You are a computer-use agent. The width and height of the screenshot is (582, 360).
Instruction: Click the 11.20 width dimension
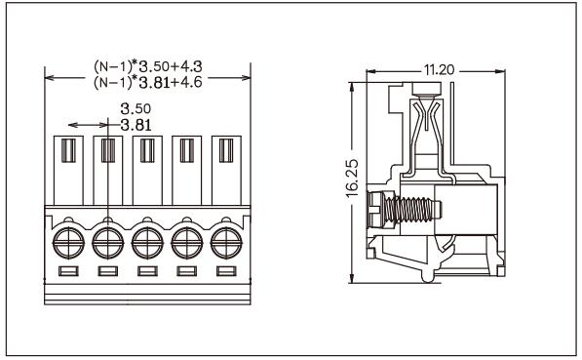tap(439, 69)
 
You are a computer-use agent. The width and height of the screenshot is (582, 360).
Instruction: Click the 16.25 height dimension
tap(352, 178)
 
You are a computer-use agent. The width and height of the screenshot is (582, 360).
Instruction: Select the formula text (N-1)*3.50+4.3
tap(148, 66)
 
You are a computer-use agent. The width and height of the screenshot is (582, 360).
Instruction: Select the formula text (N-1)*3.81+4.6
tap(148, 82)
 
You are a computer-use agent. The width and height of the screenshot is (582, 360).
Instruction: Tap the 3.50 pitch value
tap(136, 109)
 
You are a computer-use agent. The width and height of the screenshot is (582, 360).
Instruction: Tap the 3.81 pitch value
tap(136, 125)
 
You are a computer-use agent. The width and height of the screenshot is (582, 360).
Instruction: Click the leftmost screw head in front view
tap(68, 243)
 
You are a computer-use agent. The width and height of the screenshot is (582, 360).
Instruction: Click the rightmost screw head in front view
tap(226, 243)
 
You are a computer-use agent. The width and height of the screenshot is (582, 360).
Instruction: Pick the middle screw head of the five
tap(147, 243)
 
